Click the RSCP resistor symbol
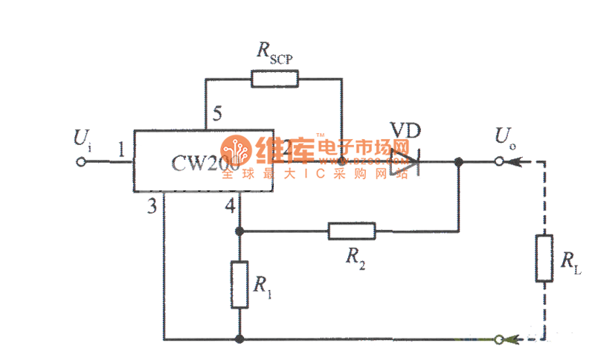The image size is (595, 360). point(275,78)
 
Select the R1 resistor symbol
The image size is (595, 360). point(239,285)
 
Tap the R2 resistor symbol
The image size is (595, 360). point(352,231)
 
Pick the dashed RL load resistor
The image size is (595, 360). point(544,258)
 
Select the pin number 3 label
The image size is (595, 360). point(152,208)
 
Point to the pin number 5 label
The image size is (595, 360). point(216,115)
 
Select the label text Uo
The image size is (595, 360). point(504,138)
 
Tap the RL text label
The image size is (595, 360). point(570,261)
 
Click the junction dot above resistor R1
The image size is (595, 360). point(239,231)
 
